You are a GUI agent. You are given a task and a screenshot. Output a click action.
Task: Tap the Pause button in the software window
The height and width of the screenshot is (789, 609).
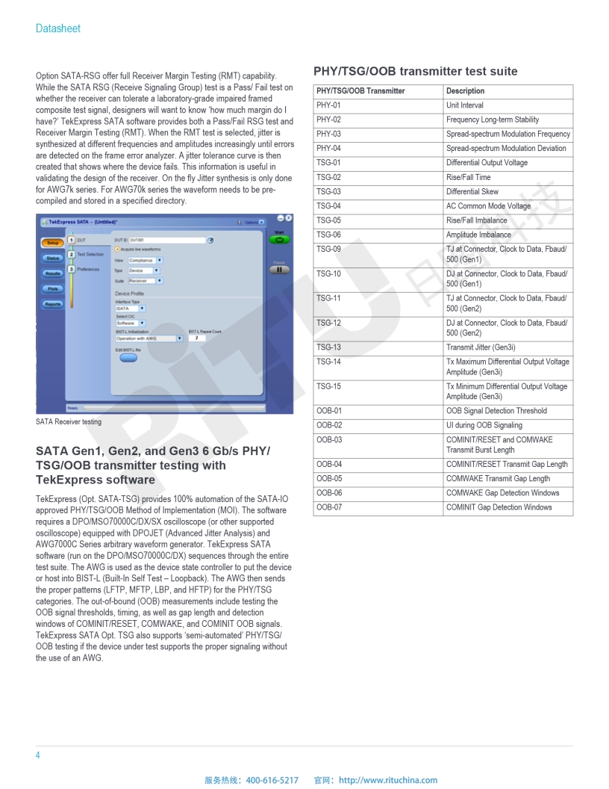pos(279,270)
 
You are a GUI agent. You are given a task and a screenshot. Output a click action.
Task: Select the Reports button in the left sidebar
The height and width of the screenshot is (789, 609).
pos(53,304)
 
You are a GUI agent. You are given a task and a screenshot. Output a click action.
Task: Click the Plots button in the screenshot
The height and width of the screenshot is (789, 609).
pos(53,288)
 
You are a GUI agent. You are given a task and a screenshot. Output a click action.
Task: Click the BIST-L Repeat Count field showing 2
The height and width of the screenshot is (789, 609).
pos(197,338)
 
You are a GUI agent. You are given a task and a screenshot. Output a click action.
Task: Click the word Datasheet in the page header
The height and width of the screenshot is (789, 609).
pos(58,28)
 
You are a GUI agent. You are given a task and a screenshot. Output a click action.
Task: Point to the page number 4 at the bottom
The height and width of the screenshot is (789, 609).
pos(38,755)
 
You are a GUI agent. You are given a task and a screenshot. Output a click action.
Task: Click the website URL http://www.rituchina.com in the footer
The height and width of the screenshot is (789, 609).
pos(388,780)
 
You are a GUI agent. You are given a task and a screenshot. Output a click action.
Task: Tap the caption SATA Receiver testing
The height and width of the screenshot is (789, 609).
pos(69,422)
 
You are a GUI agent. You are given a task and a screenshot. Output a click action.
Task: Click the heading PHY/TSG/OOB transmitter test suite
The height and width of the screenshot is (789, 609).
pos(415,72)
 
